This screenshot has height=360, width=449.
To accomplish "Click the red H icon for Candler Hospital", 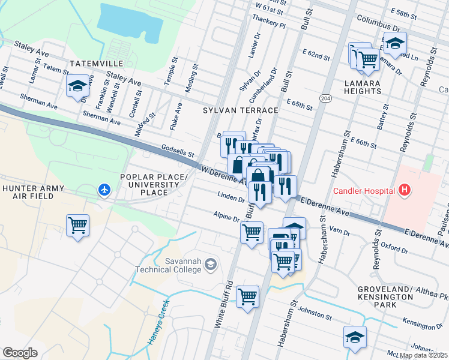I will pyautogui.click(x=405, y=191).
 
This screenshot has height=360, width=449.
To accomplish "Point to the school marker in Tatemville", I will pyautogui.click(x=78, y=86).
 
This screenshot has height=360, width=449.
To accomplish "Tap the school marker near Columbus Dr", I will pyautogui.click(x=396, y=43).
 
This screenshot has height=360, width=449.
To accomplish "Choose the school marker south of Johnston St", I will pyautogui.click(x=355, y=337).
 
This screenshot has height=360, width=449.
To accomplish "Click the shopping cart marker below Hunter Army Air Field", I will pyautogui.click(x=78, y=226).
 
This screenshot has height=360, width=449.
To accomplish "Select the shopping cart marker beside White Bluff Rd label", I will pyautogui.click(x=247, y=296).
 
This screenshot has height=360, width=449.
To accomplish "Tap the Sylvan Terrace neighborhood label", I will pyautogui.click(x=240, y=110).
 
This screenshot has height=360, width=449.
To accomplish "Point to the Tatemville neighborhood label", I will pyautogui.click(x=96, y=63).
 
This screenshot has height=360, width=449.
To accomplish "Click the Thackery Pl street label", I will pyautogui.click(x=270, y=23).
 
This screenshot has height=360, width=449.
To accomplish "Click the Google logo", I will pyautogui.click(x=20, y=352).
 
